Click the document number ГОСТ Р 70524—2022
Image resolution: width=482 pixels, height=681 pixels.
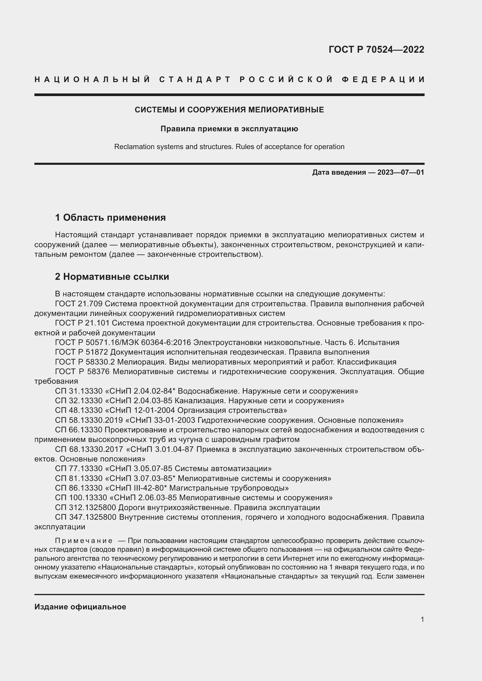376,49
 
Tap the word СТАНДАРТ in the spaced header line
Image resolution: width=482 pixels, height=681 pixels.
195,79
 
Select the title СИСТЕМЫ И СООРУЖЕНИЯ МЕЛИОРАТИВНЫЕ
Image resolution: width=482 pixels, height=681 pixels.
229,110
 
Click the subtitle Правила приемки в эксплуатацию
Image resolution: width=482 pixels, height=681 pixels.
229,129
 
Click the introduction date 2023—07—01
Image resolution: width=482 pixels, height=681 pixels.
400,172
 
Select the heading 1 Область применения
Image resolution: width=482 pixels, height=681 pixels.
110,217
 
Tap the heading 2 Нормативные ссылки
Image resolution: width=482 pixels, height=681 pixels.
112,276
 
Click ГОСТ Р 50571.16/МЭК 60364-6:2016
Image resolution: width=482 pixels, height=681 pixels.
123,343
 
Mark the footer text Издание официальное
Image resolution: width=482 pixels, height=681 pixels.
80,606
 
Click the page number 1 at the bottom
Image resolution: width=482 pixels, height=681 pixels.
422,619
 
